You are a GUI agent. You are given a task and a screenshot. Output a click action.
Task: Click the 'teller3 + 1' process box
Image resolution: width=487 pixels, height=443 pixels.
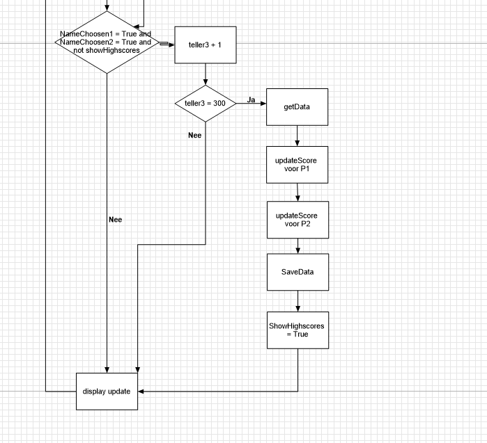click(206, 45)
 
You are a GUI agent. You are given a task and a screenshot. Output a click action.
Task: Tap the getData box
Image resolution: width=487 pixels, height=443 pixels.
click(297, 107)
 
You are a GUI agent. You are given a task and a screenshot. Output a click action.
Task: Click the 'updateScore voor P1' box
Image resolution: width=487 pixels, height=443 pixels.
click(297, 164)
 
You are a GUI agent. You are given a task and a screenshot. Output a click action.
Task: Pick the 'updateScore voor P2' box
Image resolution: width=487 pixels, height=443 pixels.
click(297, 220)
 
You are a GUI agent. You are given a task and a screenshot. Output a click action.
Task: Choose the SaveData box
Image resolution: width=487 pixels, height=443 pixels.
click(297, 271)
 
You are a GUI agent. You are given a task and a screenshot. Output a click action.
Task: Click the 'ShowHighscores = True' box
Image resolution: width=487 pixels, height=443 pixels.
click(297, 330)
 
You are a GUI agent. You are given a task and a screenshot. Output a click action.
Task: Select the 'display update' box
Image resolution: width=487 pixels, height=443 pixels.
click(107, 391)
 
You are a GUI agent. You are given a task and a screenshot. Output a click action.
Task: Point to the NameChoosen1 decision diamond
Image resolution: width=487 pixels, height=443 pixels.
click(107, 42)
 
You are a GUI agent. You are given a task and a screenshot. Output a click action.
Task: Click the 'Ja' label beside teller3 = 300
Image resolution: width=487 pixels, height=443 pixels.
click(252, 100)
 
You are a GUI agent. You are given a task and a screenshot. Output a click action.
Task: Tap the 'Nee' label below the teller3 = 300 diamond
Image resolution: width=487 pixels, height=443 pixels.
click(195, 135)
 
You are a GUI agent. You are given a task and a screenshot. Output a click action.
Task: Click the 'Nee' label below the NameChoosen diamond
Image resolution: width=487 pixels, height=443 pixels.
click(116, 219)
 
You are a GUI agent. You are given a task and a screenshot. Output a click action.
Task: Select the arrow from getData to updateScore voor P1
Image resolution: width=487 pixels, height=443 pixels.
click(297, 136)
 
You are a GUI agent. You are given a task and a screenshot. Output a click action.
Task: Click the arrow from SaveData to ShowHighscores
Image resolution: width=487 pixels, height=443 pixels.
click(298, 300)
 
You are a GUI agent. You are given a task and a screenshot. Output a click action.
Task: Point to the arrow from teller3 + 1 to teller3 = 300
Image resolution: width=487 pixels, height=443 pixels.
click(206, 74)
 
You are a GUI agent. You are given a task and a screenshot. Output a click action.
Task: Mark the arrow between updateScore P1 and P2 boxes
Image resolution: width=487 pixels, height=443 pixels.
click(297, 192)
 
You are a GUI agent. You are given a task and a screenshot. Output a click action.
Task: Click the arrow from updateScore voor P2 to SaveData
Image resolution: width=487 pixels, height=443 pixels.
click(298, 246)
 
